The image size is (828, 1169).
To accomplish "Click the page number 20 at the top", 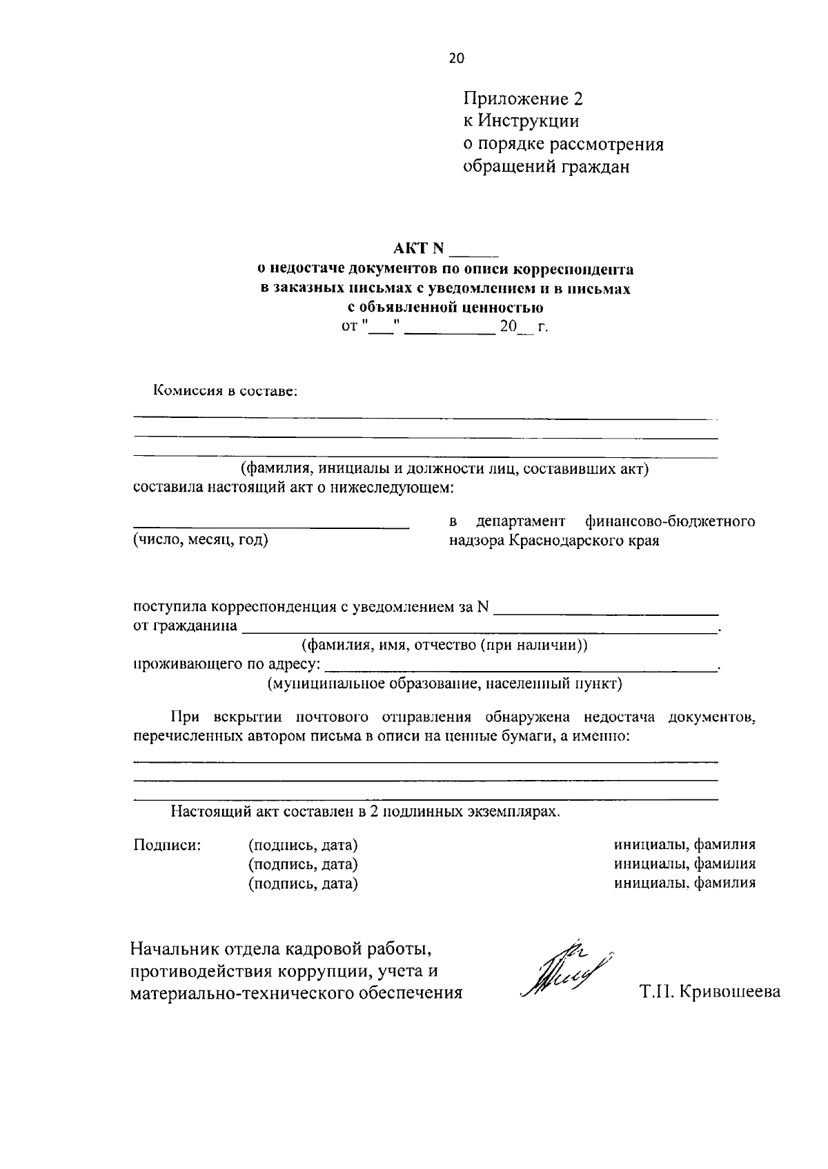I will point(457,58).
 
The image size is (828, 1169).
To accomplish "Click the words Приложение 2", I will point(522,99).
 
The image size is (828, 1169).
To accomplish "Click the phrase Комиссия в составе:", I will point(225,391).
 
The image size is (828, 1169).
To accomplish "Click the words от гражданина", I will point(185,626).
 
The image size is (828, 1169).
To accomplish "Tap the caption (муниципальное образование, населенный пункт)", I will point(445,683).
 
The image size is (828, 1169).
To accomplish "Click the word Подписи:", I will point(167,845).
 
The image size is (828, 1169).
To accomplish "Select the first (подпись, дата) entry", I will point(303,845).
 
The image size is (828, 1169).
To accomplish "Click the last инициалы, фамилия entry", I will point(684,882).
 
